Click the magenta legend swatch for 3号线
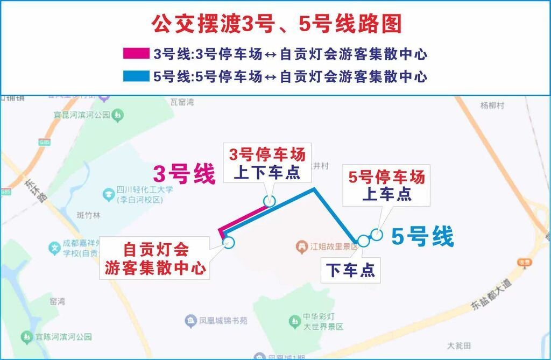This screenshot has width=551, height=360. pyautogui.click(x=136, y=54)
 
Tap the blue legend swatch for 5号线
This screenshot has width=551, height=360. pyautogui.click(x=136, y=76)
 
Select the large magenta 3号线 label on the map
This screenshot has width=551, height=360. pyautogui.click(x=184, y=174)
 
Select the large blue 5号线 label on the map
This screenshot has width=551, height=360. pyautogui.click(x=422, y=236)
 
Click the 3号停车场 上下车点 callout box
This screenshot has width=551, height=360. pyautogui.click(x=267, y=164)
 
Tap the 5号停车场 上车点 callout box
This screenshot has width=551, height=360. pyautogui.click(x=386, y=185)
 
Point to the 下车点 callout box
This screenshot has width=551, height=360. pyautogui.click(x=350, y=270)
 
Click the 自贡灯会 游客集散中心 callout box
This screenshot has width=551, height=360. pyautogui.click(x=156, y=259)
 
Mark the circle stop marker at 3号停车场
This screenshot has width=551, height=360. pyautogui.click(x=270, y=201)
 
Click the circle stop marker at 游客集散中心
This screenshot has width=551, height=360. pyautogui.click(x=229, y=242)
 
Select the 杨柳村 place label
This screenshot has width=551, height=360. pyautogui.click(x=492, y=105)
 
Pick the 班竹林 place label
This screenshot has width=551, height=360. pyautogui.click(x=89, y=215)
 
